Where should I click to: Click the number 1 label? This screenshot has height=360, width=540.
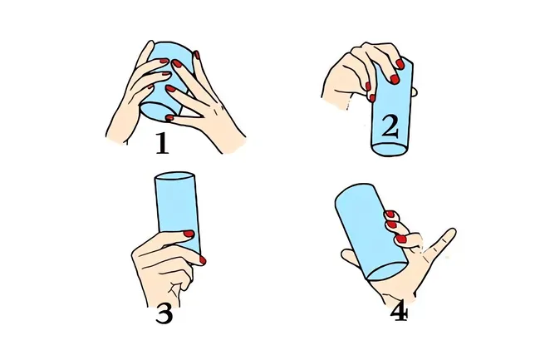(162, 143)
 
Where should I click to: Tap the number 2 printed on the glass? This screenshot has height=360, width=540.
(390, 126)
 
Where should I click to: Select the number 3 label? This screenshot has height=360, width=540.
(164, 313)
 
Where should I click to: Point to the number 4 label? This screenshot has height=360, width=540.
(399, 313)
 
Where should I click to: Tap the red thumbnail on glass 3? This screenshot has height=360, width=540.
(189, 234)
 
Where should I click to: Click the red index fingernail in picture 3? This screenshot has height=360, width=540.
(203, 260)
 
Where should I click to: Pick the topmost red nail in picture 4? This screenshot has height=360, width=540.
(390, 214)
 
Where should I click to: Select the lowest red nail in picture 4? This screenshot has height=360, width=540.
(401, 239)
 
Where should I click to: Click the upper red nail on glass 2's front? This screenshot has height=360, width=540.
(400, 64)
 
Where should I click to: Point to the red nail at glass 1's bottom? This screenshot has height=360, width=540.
(169, 118)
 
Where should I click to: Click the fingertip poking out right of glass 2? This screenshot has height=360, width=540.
(415, 92)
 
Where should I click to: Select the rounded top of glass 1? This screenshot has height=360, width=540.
(171, 48)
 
